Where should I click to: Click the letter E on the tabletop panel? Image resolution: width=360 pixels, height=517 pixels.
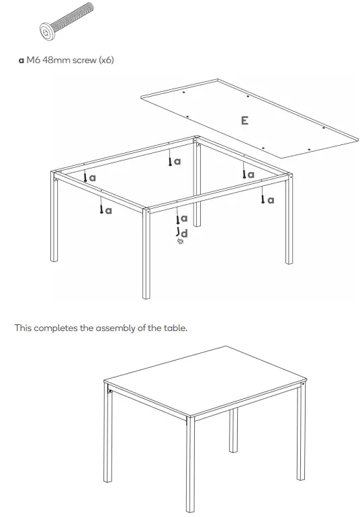point(244,121)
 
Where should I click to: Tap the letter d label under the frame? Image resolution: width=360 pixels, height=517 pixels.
point(185,234)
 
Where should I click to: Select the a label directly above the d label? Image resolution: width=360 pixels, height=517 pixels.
point(183,219)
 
